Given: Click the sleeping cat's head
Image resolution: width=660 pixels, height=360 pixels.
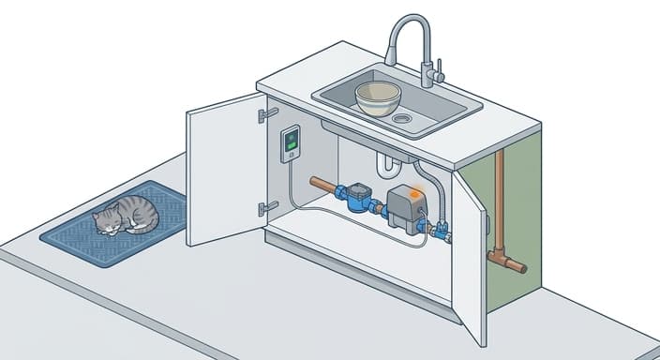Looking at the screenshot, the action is pyautogui.click(x=106, y=219).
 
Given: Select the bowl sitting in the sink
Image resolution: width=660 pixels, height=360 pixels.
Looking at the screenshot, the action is pyautogui.click(x=378, y=97).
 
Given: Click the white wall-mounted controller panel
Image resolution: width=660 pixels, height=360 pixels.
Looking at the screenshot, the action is pyautogui.click(x=292, y=144).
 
